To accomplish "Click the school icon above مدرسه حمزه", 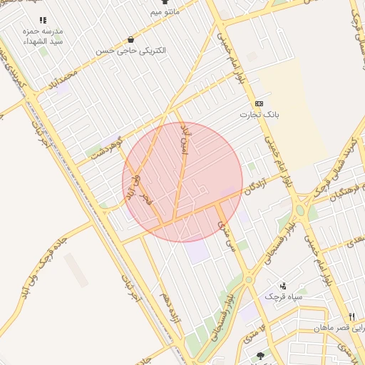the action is pyautogui.click(x=43, y=21).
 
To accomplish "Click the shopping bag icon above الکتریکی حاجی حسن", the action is pyautogui.click(x=130, y=39).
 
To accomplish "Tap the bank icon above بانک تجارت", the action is pyautogui.click(x=259, y=103).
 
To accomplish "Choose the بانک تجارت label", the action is pyautogui.click(x=260, y=114).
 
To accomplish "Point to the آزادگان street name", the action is pyautogui.click(x=255, y=182).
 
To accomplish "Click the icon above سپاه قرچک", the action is pyautogui.click(x=283, y=284).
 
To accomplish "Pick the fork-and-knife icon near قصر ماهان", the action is pyautogui.click(x=351, y=317).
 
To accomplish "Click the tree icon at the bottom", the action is pyautogui.click(x=259, y=355).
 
